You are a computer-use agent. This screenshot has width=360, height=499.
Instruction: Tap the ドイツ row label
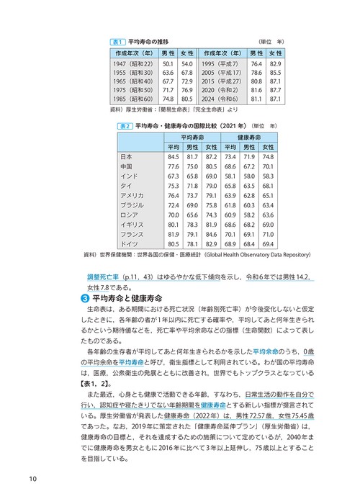coord(129,243)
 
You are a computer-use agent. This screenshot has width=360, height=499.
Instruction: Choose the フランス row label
coord(132,234)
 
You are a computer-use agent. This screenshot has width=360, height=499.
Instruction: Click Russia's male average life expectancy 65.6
coord(192,215)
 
